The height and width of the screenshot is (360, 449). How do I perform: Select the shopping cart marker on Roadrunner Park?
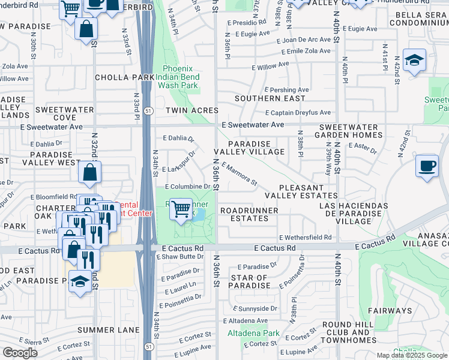click(x=181, y=209)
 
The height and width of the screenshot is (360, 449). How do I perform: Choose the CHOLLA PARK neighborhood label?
click(x=125, y=77)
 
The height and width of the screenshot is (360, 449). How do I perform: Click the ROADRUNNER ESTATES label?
click(x=249, y=215)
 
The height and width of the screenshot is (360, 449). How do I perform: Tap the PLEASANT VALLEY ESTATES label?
click(x=301, y=192)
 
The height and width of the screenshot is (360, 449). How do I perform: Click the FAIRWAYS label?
click(x=394, y=311)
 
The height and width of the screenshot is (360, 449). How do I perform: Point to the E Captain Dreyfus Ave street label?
click(x=298, y=112)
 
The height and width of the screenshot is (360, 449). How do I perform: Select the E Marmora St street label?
click(x=240, y=173)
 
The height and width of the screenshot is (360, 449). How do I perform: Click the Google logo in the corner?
click(x=20, y=353)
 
